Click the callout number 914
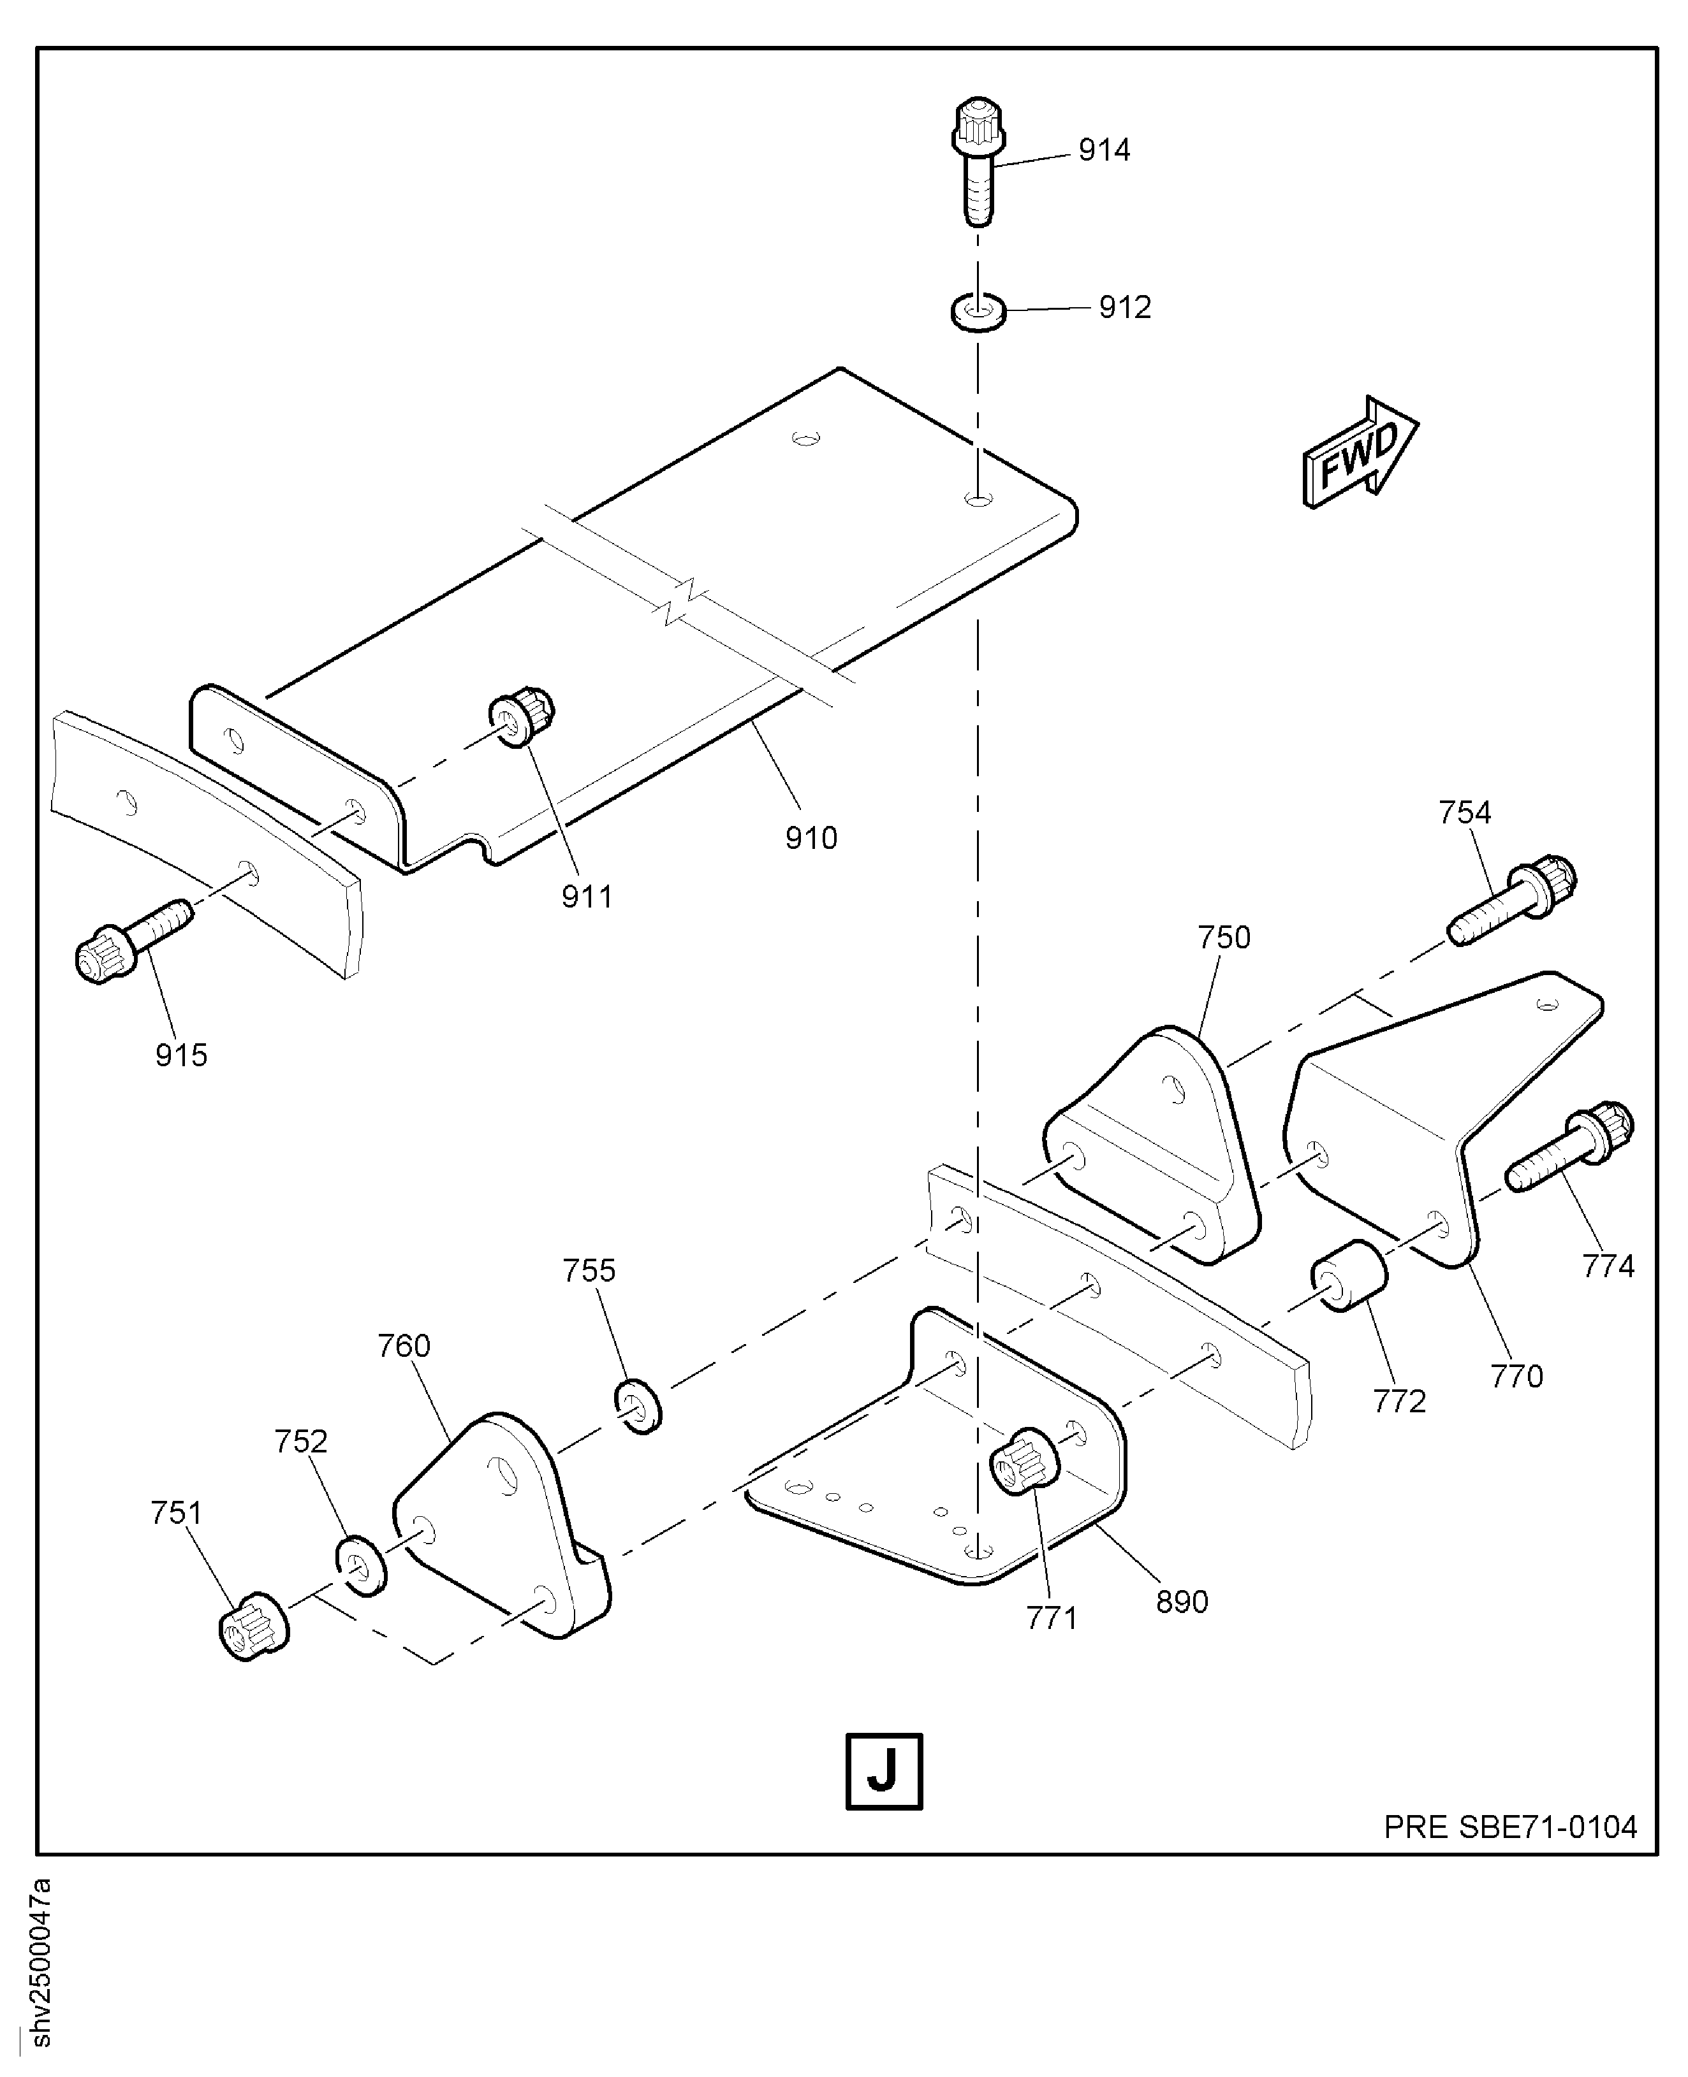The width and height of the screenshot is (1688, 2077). (x=1104, y=150)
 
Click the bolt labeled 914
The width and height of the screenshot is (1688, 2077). (x=976, y=161)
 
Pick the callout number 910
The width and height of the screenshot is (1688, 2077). (x=811, y=838)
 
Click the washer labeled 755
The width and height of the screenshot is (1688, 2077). (x=638, y=1405)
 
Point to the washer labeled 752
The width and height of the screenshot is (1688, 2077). (x=360, y=1566)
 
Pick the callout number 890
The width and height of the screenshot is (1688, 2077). (x=1182, y=1601)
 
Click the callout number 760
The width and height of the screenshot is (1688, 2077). (x=404, y=1346)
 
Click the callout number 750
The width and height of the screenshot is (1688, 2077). (x=1223, y=938)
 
